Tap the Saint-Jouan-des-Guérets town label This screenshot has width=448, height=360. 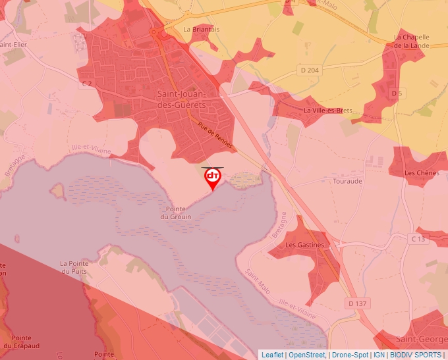182,99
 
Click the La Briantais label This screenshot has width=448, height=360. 202,29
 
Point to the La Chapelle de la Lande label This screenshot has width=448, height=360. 412,41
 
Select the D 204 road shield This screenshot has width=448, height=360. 309,70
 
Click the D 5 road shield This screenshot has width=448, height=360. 396,94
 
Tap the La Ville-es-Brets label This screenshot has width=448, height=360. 327,111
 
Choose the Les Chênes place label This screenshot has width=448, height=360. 422,173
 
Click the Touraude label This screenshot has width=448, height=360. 348,180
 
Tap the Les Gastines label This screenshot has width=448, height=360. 305,245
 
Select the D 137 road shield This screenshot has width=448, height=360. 356,303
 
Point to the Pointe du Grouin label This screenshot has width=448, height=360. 175,213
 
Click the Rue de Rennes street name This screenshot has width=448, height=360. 215,136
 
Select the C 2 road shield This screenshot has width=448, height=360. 86,84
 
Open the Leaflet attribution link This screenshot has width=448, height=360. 272,355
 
